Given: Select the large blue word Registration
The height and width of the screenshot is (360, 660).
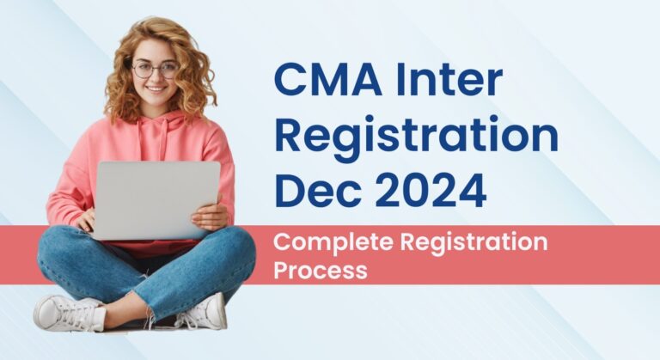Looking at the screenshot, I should click(416, 138).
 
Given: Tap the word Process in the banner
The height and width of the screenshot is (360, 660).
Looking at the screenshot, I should click(321, 270).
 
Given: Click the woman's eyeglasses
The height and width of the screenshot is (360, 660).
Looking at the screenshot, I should click(155, 69).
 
